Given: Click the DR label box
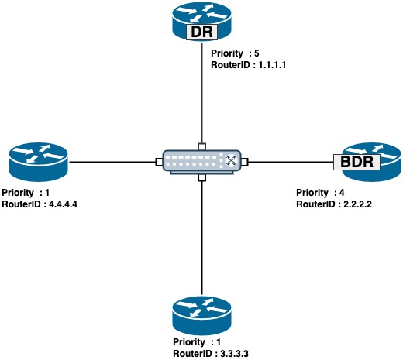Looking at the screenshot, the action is click(201, 32).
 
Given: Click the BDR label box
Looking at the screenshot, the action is click(356, 162).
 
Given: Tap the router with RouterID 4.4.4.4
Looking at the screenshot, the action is click(38, 162).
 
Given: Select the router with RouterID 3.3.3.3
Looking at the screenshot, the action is click(201, 315).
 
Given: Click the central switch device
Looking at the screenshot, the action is click(201, 162).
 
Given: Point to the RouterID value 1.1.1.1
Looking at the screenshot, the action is click(272, 65).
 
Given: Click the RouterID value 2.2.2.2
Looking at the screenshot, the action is click(357, 204).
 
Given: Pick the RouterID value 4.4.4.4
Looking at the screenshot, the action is click(63, 204).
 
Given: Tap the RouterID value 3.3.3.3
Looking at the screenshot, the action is click(234, 354).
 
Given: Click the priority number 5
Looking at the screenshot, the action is click(257, 53).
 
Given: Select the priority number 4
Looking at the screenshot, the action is click(342, 193).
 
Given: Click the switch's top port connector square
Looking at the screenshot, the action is click(201, 146).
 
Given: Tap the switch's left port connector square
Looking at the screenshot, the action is click(159, 162).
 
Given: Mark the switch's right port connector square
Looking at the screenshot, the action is click(244, 162).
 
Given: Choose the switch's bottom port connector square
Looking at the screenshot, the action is click(201, 178).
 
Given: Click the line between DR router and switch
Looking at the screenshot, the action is click(201, 92).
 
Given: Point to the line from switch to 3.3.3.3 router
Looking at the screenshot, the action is click(201, 238).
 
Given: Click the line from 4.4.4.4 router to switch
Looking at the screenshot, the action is click(112, 162).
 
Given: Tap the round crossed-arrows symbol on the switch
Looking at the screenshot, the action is click(231, 160).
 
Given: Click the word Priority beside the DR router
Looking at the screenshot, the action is click(227, 53).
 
